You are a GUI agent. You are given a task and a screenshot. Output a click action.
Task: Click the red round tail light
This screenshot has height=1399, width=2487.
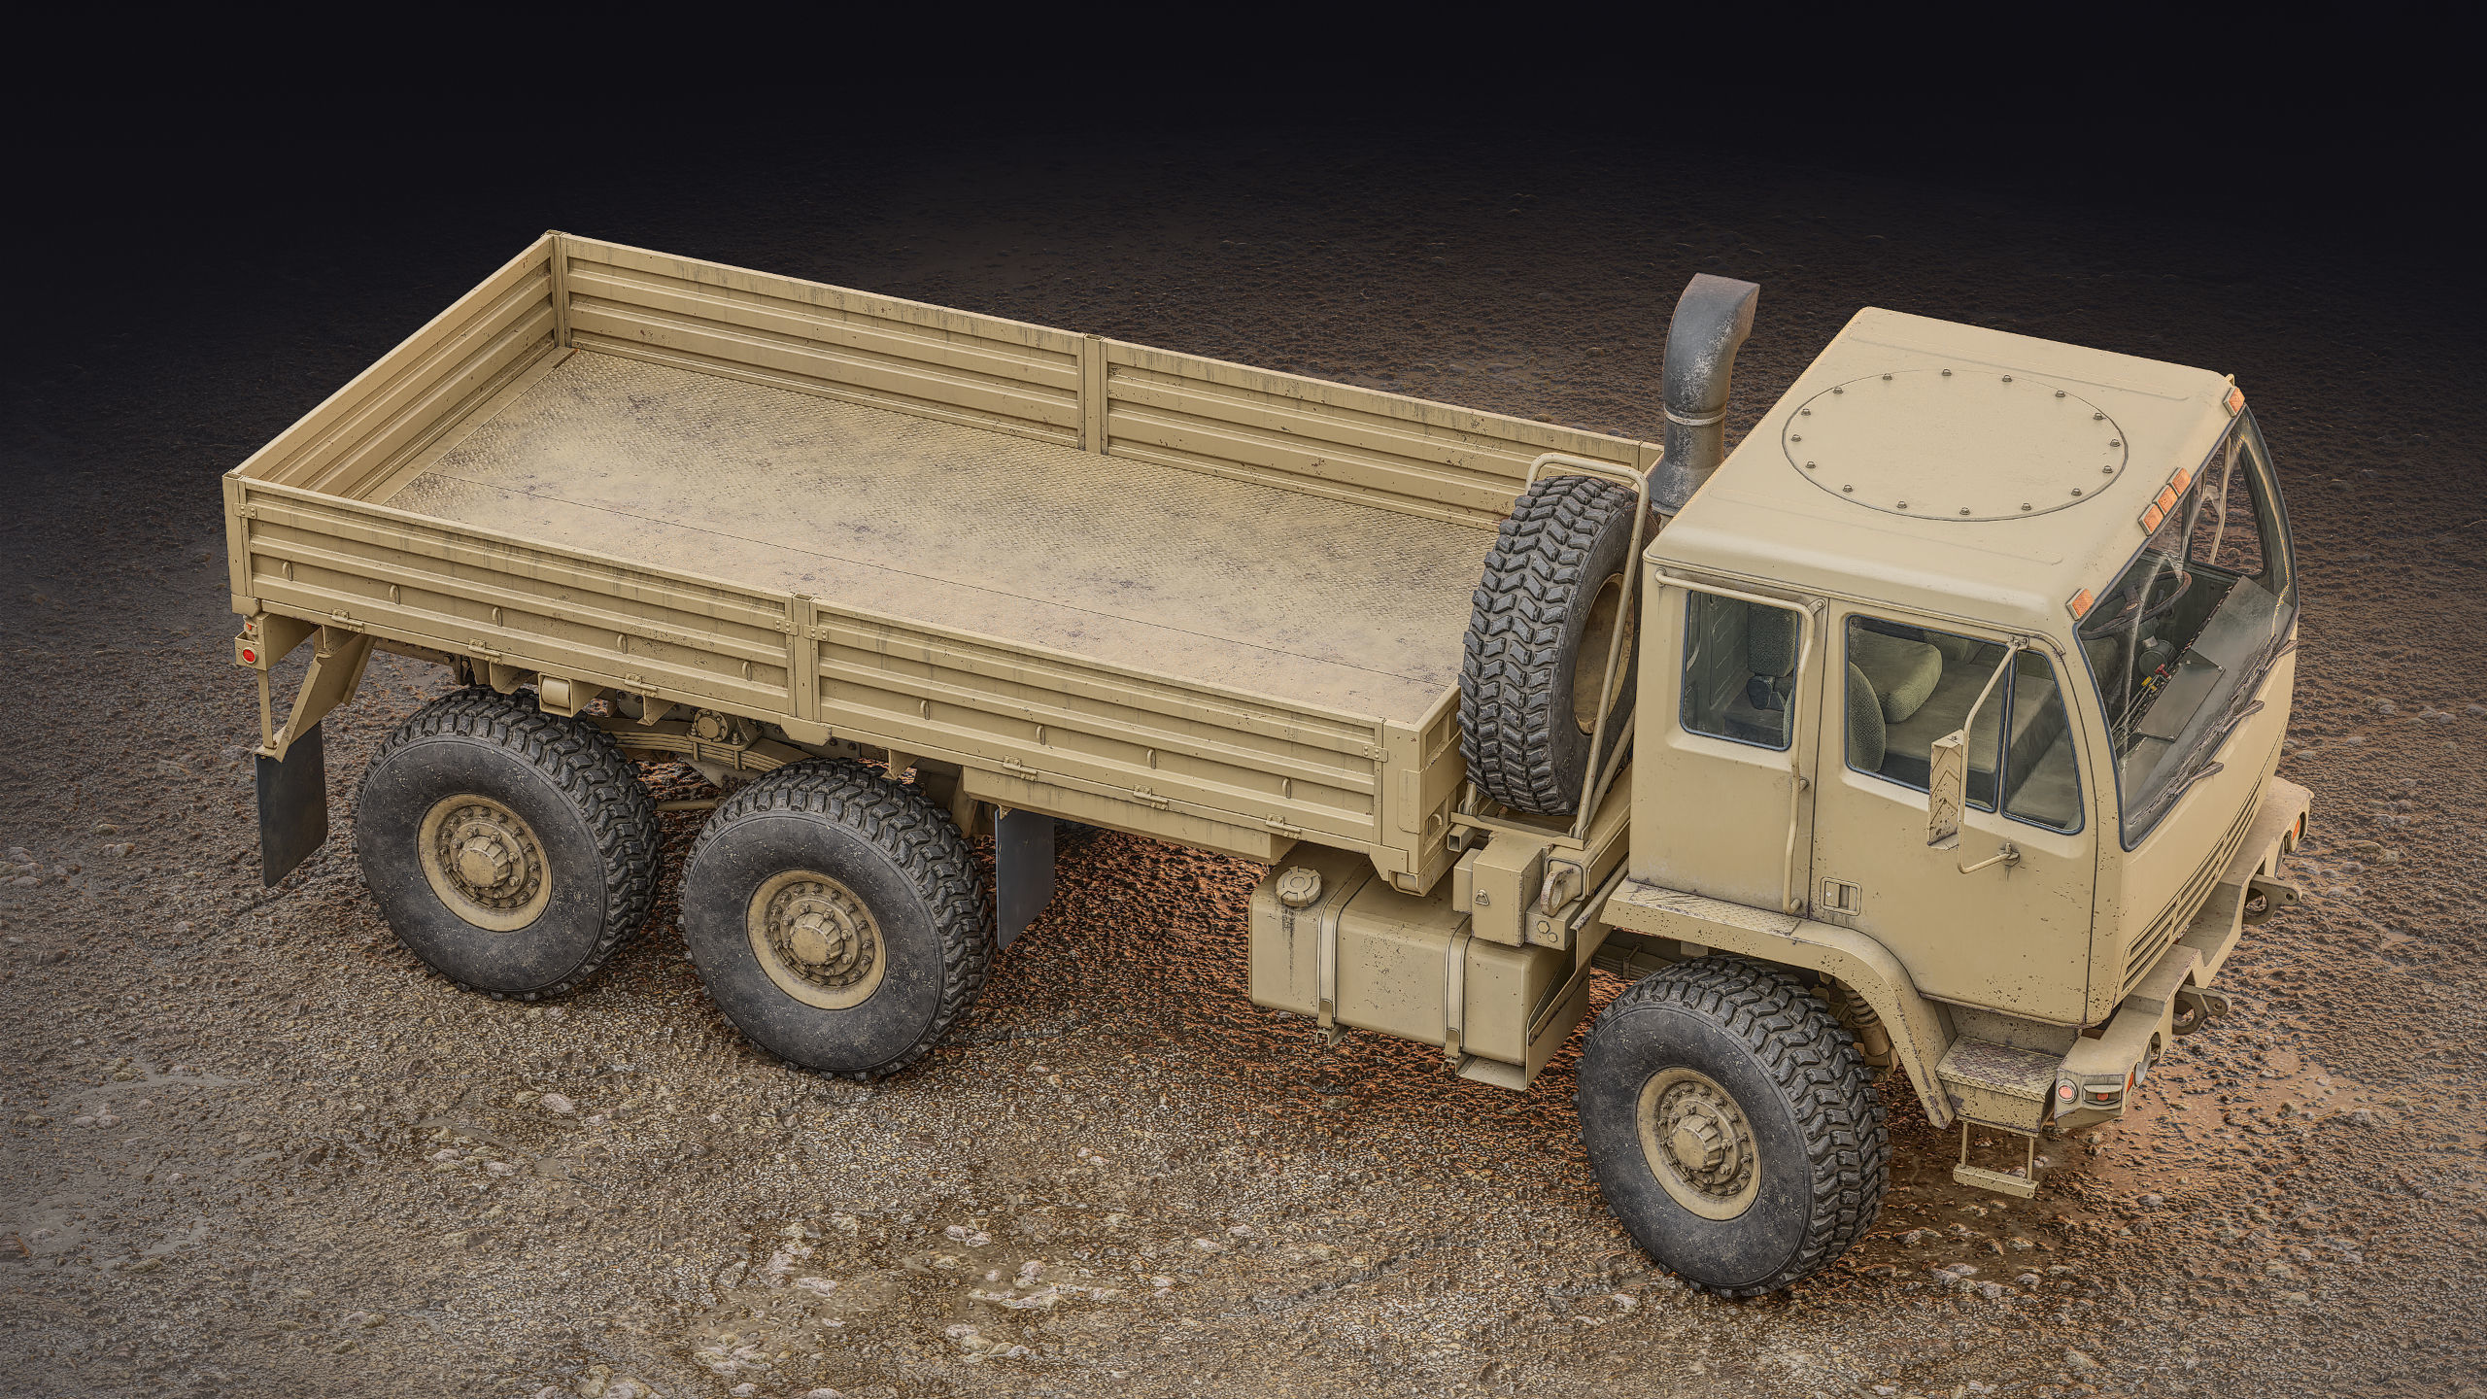pos(247,656)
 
